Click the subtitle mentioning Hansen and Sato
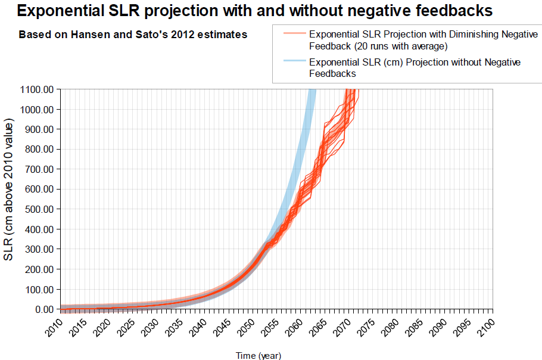[133, 35]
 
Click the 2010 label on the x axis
[54, 327]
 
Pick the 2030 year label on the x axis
[150, 327]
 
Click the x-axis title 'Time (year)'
[258, 356]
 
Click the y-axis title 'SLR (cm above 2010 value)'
[9, 189]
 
